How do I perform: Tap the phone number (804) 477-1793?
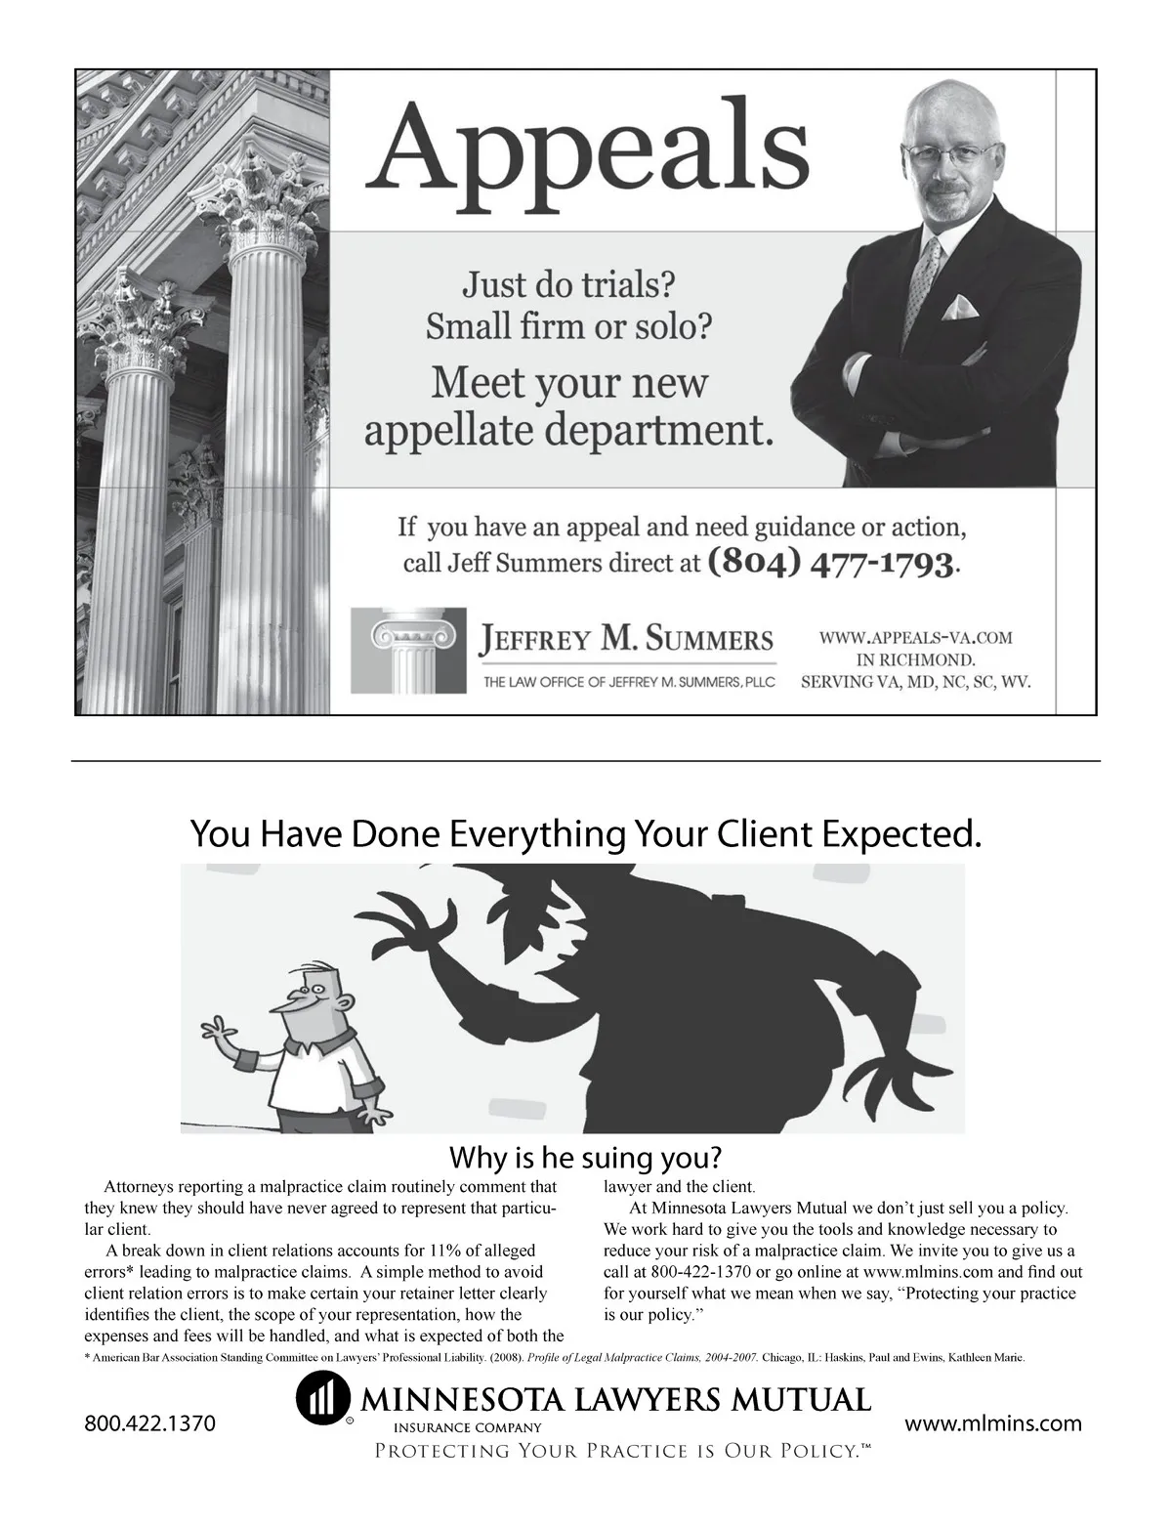pyautogui.click(x=830, y=563)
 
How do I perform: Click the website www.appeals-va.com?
pyautogui.click(x=915, y=638)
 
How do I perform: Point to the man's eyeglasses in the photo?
pyautogui.click(x=950, y=153)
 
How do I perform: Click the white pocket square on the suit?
pyautogui.click(x=957, y=310)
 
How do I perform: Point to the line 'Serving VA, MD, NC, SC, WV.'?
pyautogui.click(x=915, y=681)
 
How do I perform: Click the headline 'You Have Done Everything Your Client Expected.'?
pyautogui.click(x=585, y=833)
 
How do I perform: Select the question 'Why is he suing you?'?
pyautogui.click(x=585, y=1158)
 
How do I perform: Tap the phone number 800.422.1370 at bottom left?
pyautogui.click(x=149, y=1422)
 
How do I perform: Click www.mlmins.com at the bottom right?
pyautogui.click(x=993, y=1422)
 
